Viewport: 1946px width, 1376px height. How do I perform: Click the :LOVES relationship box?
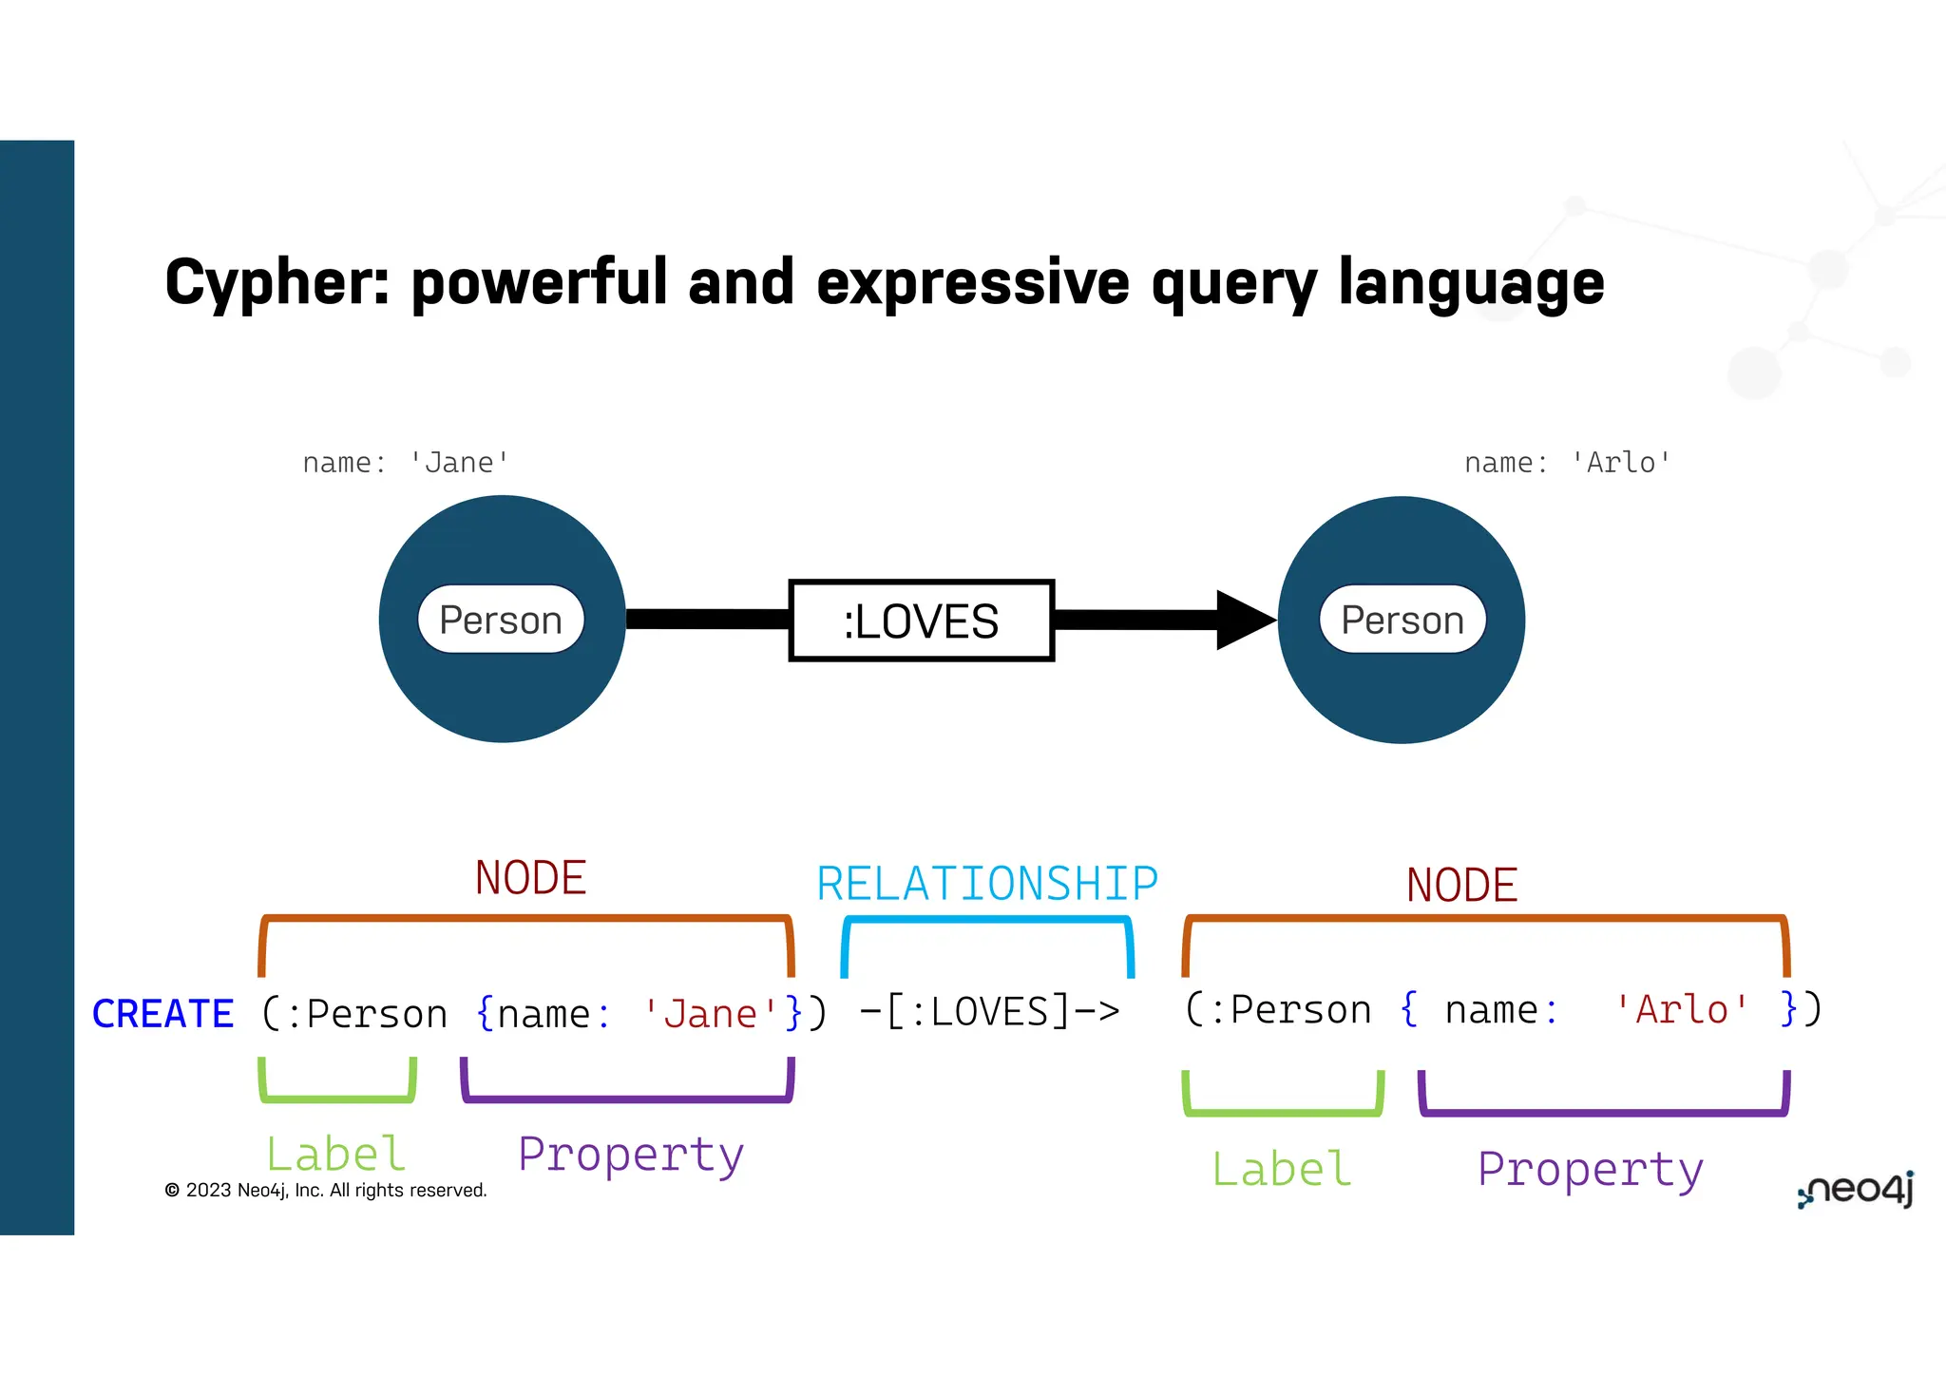[x=921, y=621]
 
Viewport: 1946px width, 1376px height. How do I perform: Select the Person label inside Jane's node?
[x=501, y=621]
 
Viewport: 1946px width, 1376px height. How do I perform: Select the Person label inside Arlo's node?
[x=1402, y=621]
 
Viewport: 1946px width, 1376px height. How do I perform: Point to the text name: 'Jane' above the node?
[x=406, y=463]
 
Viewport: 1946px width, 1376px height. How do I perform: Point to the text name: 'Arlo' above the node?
[x=1567, y=463]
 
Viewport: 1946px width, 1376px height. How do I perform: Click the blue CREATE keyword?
[x=162, y=1014]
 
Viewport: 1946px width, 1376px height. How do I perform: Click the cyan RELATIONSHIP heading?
[x=987, y=884]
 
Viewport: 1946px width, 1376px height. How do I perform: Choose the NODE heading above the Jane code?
[x=530, y=877]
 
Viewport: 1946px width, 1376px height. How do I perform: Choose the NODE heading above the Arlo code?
[x=1461, y=885]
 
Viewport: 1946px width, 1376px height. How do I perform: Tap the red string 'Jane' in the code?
[x=710, y=1014]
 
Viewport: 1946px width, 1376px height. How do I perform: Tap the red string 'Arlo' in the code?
[x=1681, y=1009]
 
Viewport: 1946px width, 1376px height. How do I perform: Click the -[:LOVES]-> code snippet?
[x=989, y=1012]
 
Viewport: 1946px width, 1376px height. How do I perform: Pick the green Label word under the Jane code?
[x=335, y=1155]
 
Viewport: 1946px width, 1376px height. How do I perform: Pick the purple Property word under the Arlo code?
[x=1591, y=1170]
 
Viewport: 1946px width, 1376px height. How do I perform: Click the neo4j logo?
[x=1855, y=1190]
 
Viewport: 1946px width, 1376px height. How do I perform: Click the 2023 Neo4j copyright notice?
[x=326, y=1191]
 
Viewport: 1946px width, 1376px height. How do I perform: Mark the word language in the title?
[x=1471, y=283]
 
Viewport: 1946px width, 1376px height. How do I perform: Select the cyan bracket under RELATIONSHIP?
[x=987, y=920]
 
